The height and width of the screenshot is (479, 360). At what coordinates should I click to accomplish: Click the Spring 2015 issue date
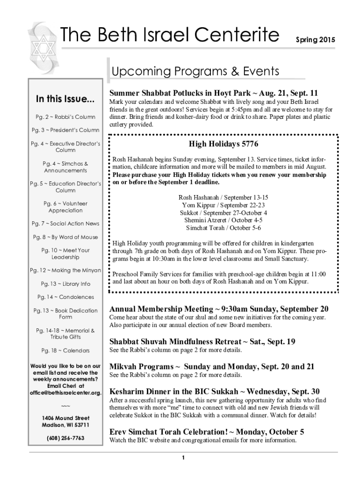[x=315, y=40]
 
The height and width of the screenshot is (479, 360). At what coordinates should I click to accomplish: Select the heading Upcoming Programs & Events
[x=195, y=72]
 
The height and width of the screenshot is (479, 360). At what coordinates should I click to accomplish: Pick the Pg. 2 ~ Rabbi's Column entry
[x=65, y=116]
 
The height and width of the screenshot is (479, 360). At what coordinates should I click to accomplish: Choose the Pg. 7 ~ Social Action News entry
[x=65, y=224]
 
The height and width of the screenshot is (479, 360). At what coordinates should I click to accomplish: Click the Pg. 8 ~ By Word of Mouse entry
[x=65, y=237]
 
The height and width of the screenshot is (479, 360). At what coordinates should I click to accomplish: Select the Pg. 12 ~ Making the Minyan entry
[x=65, y=270]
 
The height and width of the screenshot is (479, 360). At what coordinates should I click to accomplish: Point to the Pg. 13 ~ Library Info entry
[x=65, y=284]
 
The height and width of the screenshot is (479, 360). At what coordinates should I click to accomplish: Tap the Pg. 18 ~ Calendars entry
[x=65, y=350]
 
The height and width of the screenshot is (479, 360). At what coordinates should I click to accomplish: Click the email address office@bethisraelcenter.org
[x=65, y=392]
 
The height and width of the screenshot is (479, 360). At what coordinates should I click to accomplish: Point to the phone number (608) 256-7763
[x=65, y=438]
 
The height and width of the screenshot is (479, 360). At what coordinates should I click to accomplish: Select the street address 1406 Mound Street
[x=65, y=418]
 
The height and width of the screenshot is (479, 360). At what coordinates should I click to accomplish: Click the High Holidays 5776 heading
[x=223, y=144]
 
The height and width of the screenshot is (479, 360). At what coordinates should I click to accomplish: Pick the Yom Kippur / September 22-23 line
[x=223, y=205]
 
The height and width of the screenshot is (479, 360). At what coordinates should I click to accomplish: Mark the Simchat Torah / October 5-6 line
[x=223, y=228]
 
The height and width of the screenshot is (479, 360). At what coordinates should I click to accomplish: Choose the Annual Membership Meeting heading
[x=218, y=309]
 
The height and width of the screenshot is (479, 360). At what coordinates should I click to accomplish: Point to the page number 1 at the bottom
[x=184, y=457]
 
